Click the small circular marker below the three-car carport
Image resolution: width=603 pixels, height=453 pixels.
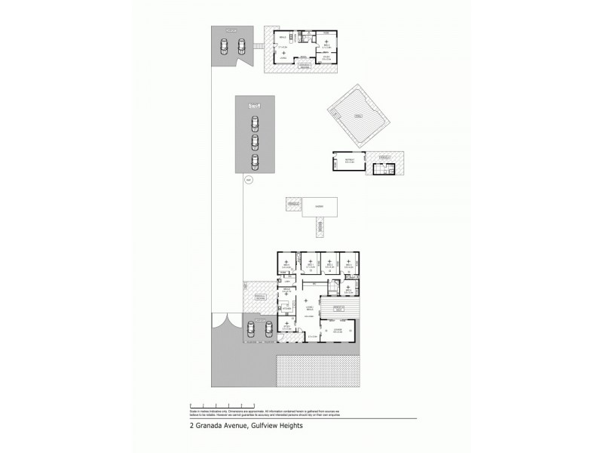(248, 180)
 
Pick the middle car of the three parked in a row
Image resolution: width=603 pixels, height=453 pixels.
(255, 142)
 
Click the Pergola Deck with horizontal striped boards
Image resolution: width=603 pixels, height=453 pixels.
(340, 308)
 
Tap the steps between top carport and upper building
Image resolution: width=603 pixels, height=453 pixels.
(258, 47)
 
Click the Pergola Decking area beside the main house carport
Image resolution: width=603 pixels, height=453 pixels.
(259, 296)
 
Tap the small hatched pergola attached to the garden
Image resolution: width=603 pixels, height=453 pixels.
(292, 205)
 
